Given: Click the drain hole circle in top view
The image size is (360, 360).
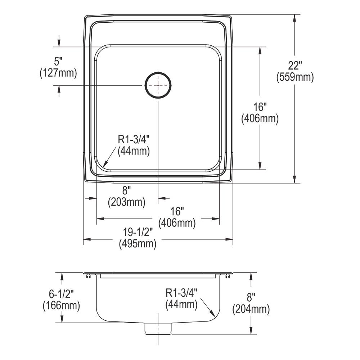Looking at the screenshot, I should (158, 85).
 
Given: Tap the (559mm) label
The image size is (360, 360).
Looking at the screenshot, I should (295, 77).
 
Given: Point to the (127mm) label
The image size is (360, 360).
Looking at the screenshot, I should (58, 73).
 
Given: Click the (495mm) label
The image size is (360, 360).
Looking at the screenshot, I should (138, 244).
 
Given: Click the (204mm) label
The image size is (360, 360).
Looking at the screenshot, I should (251, 309).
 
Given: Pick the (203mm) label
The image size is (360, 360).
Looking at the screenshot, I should (127, 202).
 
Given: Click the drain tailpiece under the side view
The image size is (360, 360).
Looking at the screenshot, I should (158, 329).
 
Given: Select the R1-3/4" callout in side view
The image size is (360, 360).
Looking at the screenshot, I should (182, 293).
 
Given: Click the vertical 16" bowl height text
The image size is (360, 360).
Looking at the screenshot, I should (260, 107).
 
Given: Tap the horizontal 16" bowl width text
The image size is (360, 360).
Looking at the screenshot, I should (177, 212).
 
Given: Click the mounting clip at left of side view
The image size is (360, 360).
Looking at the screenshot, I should (88, 276).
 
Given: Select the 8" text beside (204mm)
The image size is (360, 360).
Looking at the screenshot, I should (251, 297).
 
